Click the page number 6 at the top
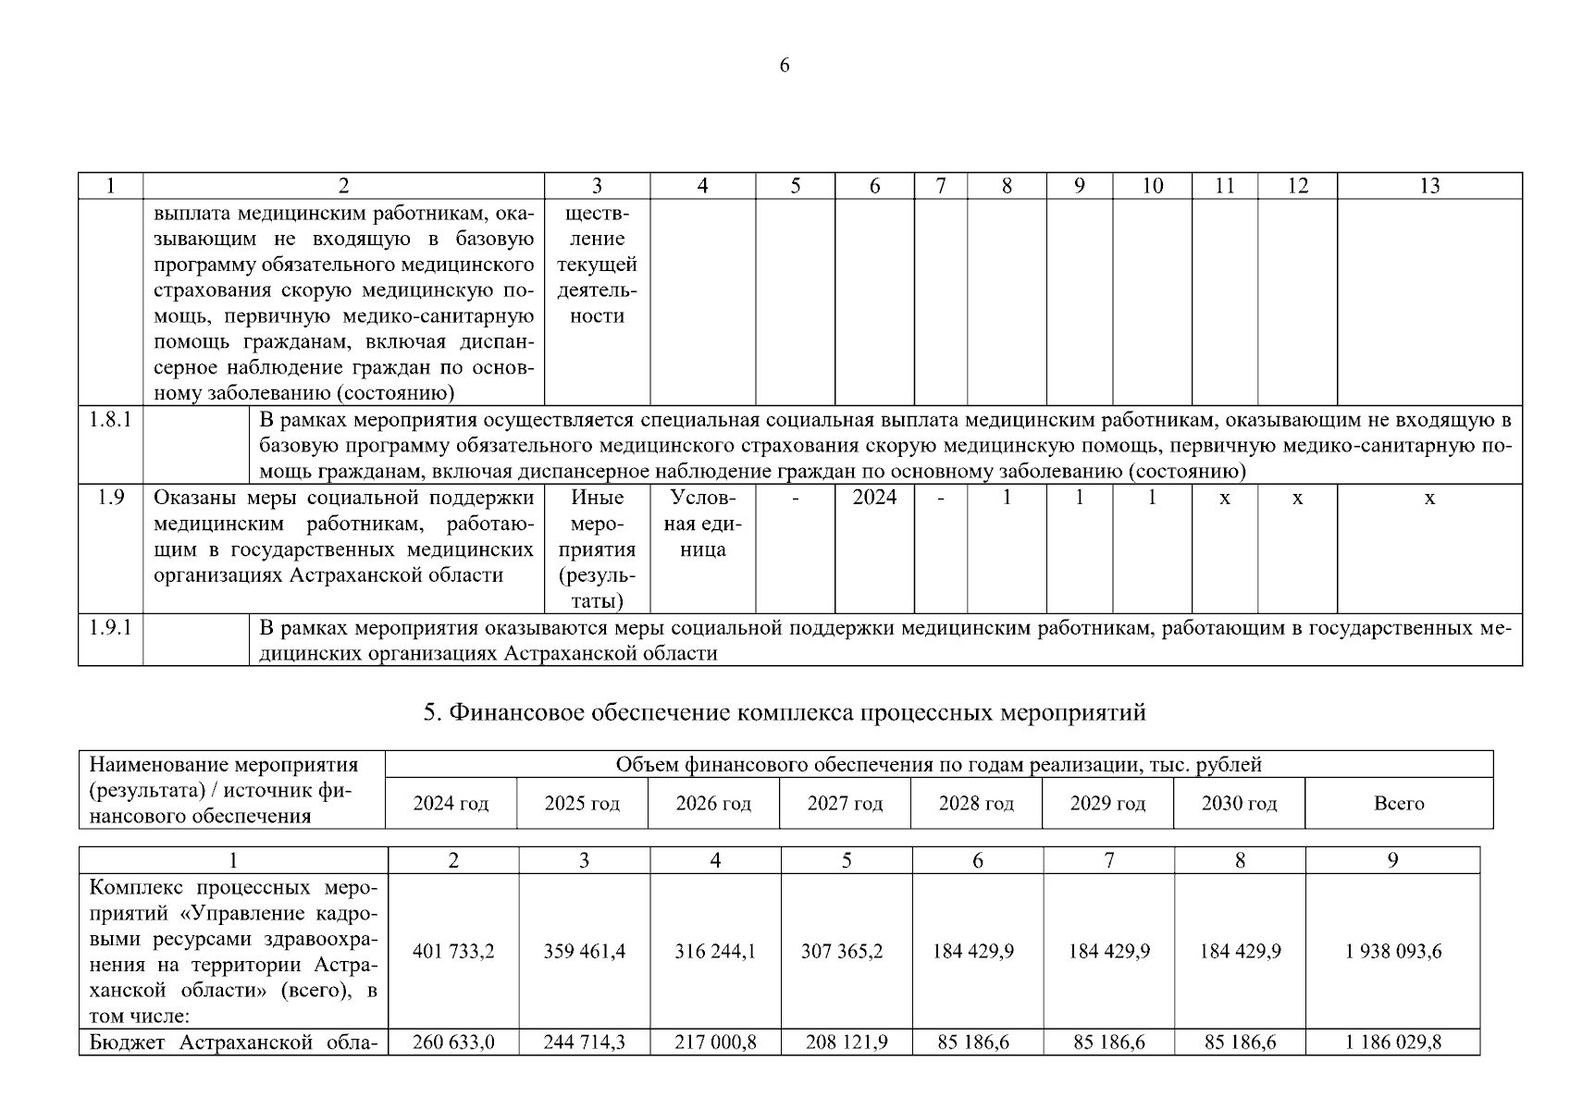pos(785,66)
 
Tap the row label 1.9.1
pos(110,628)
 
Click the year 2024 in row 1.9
pos(874,498)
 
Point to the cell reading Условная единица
pos(702,524)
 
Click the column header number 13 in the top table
pos(1429,186)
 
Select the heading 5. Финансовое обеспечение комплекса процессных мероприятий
pos(785,713)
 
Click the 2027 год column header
pos(845,804)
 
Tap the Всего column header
pos(1399,804)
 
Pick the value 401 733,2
pos(453,952)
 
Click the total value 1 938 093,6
pos(1393,952)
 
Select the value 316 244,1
pos(715,952)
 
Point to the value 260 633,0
pos(453,1042)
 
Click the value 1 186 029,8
pos(1393,1042)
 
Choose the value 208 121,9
pos(847,1042)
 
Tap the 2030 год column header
pos(1239,804)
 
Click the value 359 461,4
pos(585,952)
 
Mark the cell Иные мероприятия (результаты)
pos(597,549)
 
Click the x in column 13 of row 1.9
pos(1429,499)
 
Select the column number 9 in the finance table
pos(1393,861)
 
